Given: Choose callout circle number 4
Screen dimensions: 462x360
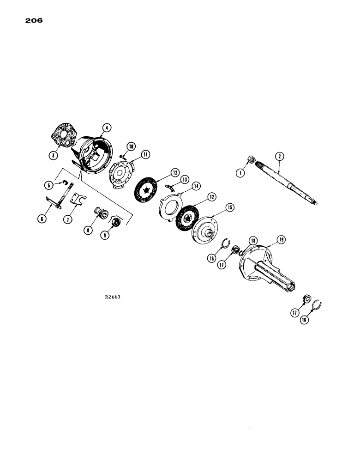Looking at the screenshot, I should [x=106, y=127].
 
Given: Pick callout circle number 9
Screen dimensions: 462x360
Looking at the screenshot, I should [x=107, y=234].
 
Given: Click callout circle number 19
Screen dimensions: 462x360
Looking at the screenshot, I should [x=282, y=240].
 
